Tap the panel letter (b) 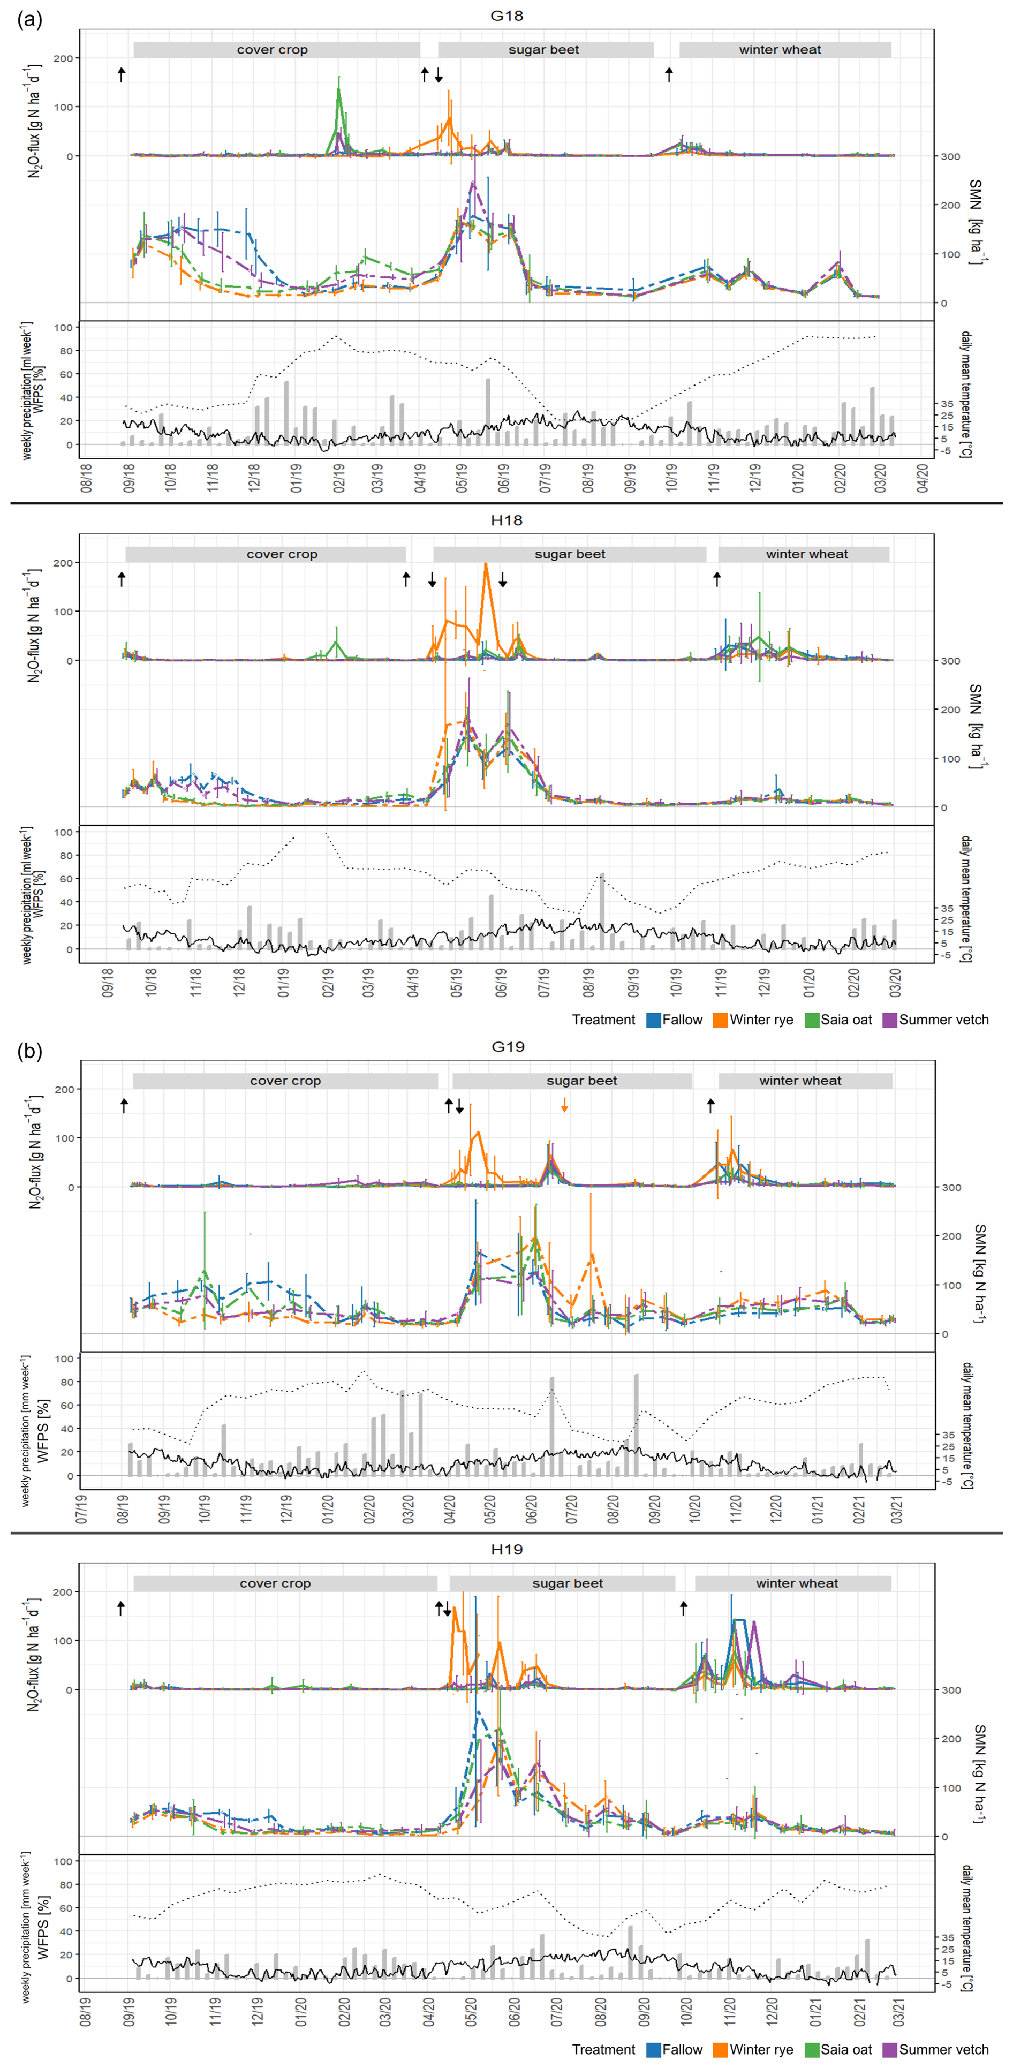[29, 1051]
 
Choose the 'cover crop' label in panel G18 [272, 50]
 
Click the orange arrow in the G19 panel [564, 1105]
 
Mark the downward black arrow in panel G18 [439, 76]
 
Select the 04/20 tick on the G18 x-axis [923, 477]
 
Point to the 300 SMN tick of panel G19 [951, 1187]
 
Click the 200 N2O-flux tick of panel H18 [63, 563]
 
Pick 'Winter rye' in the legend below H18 [760, 1020]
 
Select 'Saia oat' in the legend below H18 [845, 1020]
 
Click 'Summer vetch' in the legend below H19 [943, 2050]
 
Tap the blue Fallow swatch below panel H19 [653, 2050]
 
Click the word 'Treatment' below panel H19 [603, 2050]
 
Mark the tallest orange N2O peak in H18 [485, 565]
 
